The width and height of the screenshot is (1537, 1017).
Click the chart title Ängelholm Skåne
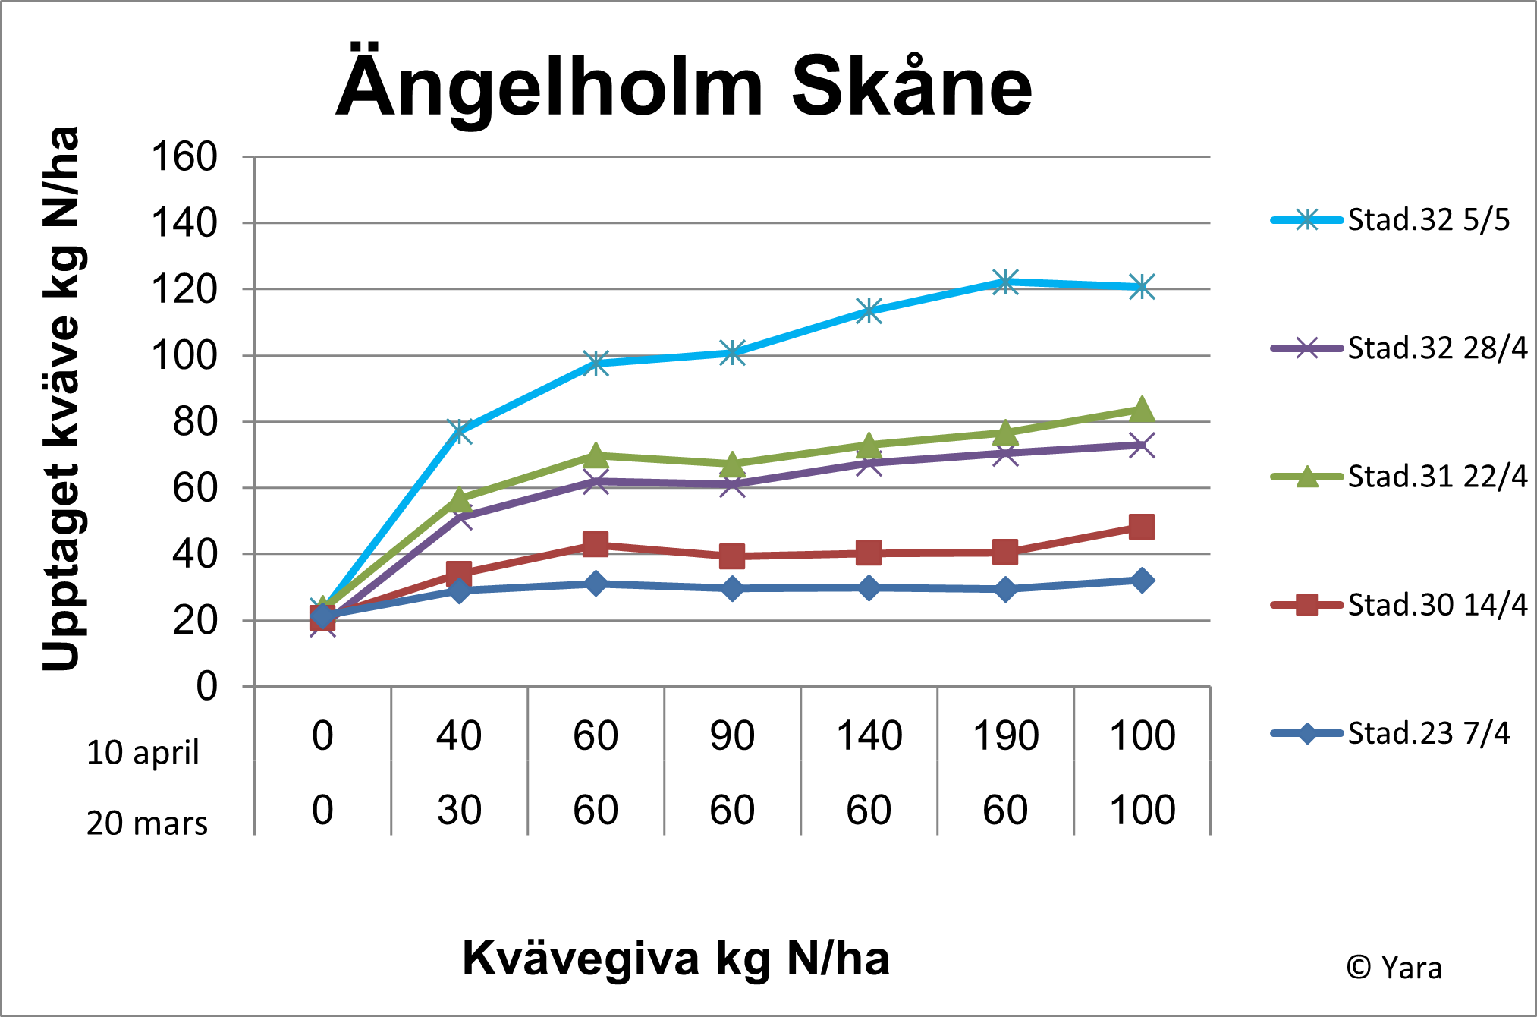coord(684,87)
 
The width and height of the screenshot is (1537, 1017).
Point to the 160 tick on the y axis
coord(184,157)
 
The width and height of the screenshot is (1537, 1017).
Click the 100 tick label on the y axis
coord(184,355)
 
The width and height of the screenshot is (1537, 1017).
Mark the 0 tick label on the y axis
coord(206,686)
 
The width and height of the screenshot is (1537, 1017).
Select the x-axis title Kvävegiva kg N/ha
coord(676,958)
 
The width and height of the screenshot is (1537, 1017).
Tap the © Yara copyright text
coord(1394,968)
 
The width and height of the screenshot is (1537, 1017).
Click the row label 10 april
coord(143,752)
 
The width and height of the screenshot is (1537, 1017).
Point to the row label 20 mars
coord(146,823)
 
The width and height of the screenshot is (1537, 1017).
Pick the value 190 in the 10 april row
coord(1005,735)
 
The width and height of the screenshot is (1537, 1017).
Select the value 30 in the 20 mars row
coord(459,810)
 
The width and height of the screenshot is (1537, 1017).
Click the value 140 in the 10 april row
coord(869,735)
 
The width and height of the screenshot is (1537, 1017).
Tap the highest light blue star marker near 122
coord(1005,282)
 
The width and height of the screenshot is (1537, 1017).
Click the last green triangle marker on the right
coord(1142,410)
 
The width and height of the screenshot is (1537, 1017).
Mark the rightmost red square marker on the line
coord(1142,527)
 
